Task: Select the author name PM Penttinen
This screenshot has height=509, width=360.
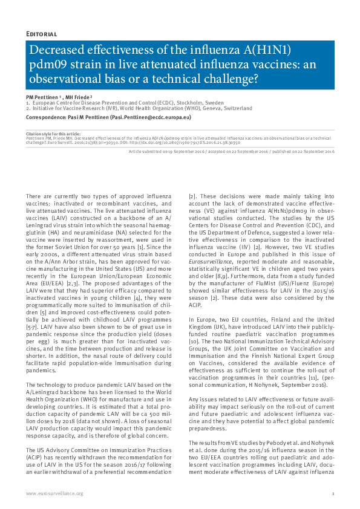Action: (41, 97)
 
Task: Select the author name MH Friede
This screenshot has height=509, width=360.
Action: (80, 97)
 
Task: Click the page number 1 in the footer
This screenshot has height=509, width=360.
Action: (333, 494)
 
